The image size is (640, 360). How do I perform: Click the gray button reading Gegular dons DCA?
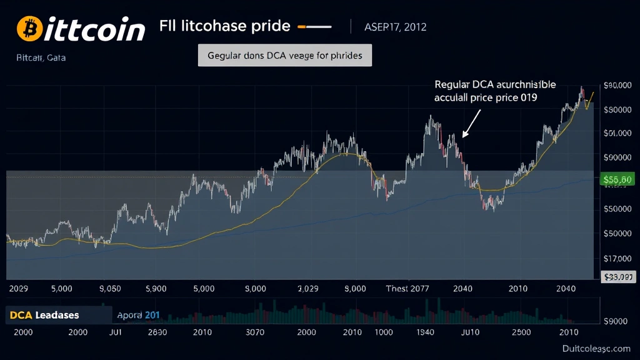click(x=285, y=55)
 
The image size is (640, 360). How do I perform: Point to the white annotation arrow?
click(x=472, y=122)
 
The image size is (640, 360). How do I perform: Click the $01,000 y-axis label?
click(x=617, y=133)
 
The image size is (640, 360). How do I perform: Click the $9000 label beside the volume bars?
click(x=617, y=321)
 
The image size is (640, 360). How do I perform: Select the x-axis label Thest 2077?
click(x=407, y=289)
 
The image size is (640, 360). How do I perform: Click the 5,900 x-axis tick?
click(x=156, y=289)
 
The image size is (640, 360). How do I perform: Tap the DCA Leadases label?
click(x=44, y=315)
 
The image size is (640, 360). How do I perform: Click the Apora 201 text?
click(x=139, y=315)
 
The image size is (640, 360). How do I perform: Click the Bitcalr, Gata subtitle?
click(x=41, y=57)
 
